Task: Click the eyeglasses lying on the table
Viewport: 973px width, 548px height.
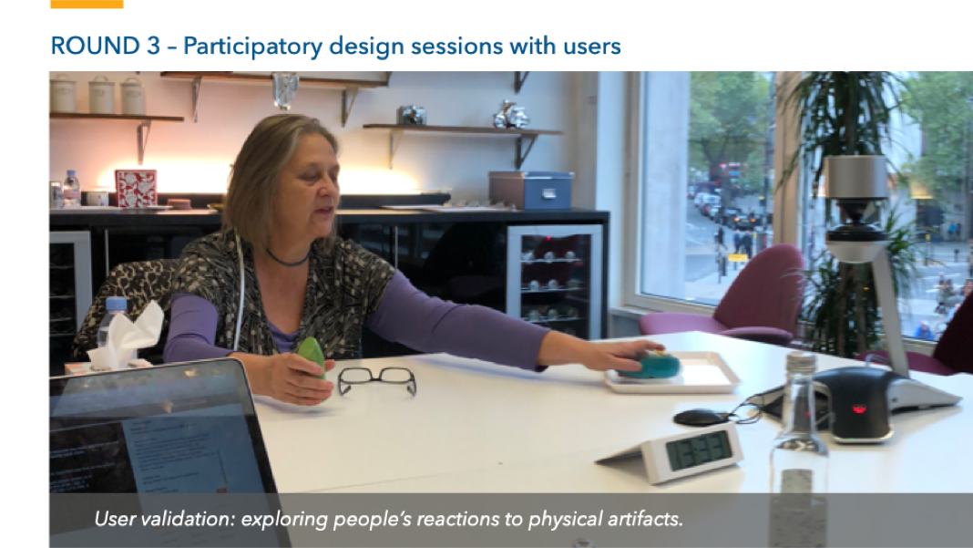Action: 376,380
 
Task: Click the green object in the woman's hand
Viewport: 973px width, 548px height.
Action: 312,357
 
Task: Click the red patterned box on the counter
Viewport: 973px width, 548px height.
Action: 135,189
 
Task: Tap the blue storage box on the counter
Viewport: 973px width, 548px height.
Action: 530,191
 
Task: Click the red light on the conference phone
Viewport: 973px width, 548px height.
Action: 859,409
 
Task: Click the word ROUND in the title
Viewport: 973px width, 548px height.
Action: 96,46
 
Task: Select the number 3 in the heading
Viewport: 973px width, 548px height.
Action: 153,46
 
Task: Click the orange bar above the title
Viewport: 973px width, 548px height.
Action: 87,4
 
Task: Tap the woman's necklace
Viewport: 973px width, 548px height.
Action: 287,259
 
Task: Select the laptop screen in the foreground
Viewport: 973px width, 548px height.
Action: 161,453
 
